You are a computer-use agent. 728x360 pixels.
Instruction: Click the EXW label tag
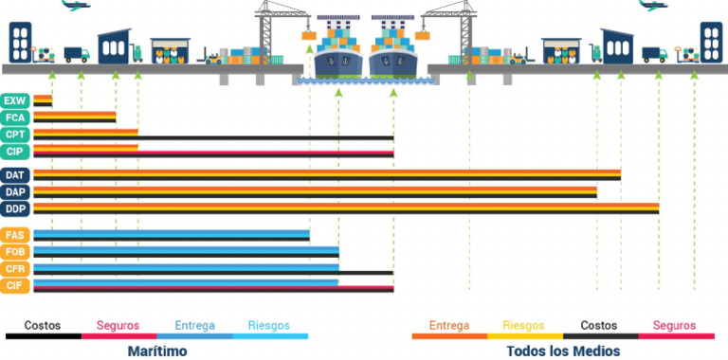click(15, 100)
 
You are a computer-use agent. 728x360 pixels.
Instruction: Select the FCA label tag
click(15, 117)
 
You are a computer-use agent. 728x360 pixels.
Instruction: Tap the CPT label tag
click(15, 135)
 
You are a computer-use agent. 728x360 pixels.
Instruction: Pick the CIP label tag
click(15, 152)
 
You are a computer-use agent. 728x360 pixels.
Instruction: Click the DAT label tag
click(15, 175)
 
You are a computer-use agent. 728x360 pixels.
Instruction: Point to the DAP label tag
click(15, 192)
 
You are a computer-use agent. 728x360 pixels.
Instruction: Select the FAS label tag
click(15, 235)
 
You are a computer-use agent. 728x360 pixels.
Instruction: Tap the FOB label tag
click(15, 252)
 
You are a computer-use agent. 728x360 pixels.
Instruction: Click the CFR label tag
click(15, 269)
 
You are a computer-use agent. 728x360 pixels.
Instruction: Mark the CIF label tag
click(15, 285)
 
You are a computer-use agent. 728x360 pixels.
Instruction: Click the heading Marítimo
click(157, 351)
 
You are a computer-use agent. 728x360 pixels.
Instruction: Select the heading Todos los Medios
click(563, 351)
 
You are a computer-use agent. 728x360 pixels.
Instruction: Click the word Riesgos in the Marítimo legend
click(269, 325)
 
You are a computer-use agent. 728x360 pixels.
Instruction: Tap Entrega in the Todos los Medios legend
click(449, 325)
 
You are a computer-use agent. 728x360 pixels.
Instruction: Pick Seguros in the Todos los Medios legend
click(674, 325)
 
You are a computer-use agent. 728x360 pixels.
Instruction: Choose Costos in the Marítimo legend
click(43, 325)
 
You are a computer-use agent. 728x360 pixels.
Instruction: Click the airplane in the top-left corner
click(74, 6)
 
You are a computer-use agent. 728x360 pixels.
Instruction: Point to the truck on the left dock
click(76, 55)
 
